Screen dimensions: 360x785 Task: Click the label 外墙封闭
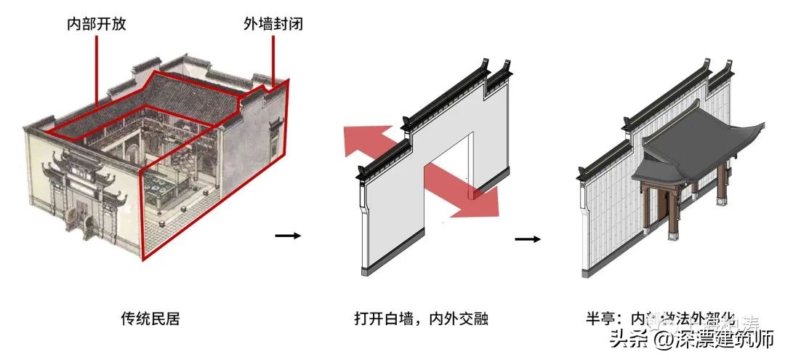point(273,23)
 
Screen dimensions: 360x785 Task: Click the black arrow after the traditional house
point(287,235)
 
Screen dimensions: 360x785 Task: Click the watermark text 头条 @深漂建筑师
point(691,339)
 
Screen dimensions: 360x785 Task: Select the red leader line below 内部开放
point(95,73)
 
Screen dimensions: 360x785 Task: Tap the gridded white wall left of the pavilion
point(611,218)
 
